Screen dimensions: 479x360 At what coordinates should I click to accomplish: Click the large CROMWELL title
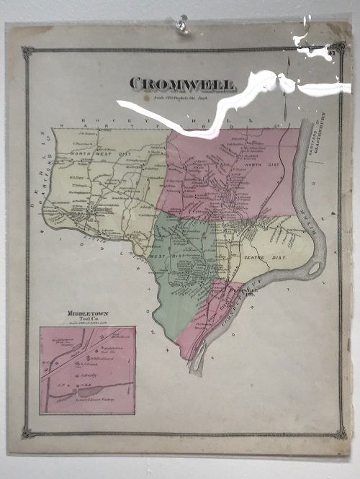(x=183, y=84)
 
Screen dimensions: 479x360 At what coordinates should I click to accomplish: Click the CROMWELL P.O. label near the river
(x=243, y=292)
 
